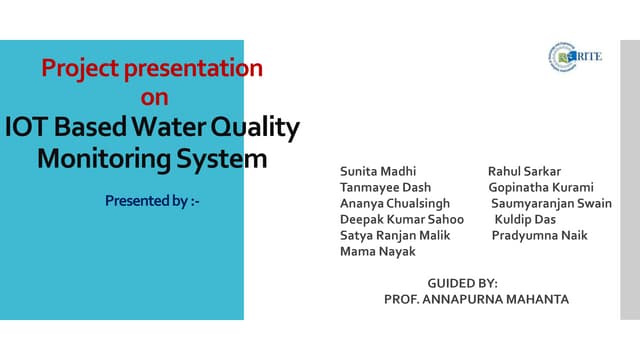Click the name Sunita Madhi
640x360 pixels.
tap(378, 171)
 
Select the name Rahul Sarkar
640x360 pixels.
tap(524, 171)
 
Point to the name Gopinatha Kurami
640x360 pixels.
tap(541, 187)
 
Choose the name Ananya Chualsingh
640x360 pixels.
tap(395, 203)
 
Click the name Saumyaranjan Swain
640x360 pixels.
tap(551, 203)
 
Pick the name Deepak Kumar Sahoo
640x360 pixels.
tap(402, 219)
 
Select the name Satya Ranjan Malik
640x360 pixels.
tap(396, 235)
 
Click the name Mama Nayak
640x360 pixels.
tap(378, 251)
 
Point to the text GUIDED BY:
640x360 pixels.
tap(462, 283)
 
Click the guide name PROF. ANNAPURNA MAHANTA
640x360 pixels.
tap(476, 299)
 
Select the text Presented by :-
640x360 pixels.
tap(153, 201)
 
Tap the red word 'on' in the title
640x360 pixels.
tap(154, 97)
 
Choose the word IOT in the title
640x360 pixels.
tap(27, 128)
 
